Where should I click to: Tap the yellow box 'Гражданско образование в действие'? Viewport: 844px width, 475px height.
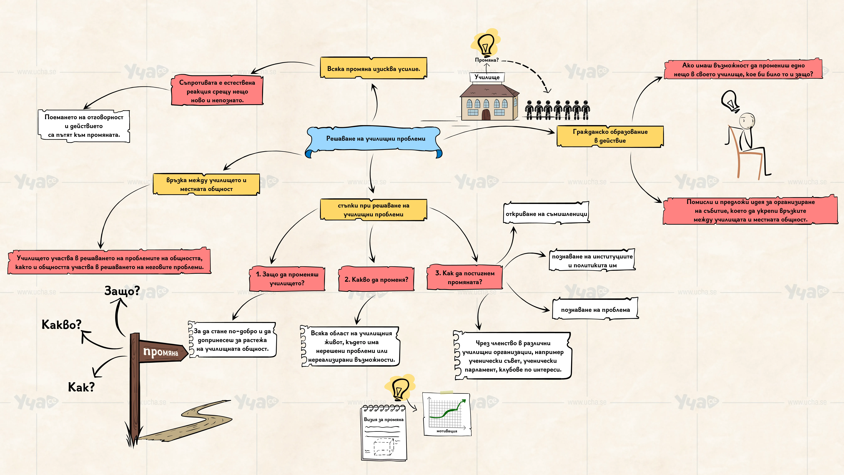(x=610, y=136)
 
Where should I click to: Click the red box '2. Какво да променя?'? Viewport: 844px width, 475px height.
(x=376, y=279)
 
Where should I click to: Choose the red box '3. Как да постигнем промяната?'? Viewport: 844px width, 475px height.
(x=465, y=277)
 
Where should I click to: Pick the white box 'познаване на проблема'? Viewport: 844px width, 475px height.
(x=595, y=309)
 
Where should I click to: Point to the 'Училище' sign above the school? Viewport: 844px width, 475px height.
(x=487, y=77)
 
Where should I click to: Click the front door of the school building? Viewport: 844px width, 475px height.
(x=486, y=115)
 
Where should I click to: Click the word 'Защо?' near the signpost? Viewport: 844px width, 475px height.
(x=122, y=290)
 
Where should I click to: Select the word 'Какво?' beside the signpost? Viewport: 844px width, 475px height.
(x=61, y=325)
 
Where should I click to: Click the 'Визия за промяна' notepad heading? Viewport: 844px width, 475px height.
(x=384, y=420)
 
